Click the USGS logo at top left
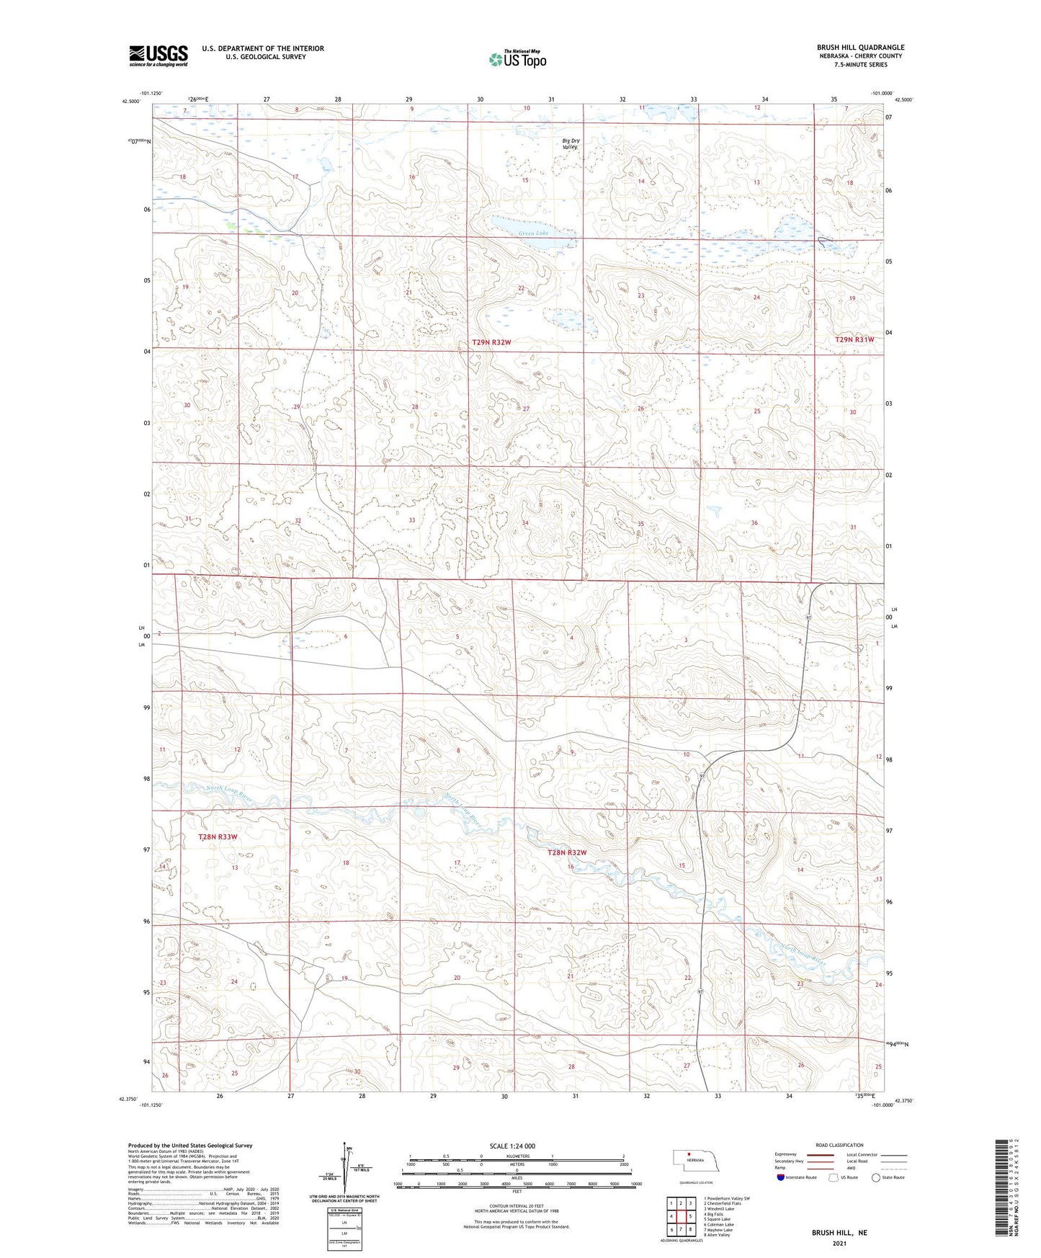158,55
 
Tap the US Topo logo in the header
517,59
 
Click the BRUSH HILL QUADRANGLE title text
860,48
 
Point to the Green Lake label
533,233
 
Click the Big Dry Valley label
570,143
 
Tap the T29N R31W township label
854,339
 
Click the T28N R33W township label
217,837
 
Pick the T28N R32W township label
567,852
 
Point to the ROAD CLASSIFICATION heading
839,1145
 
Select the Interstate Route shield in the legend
781,1177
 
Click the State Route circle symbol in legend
876,1177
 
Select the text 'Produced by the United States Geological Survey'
190,1145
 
